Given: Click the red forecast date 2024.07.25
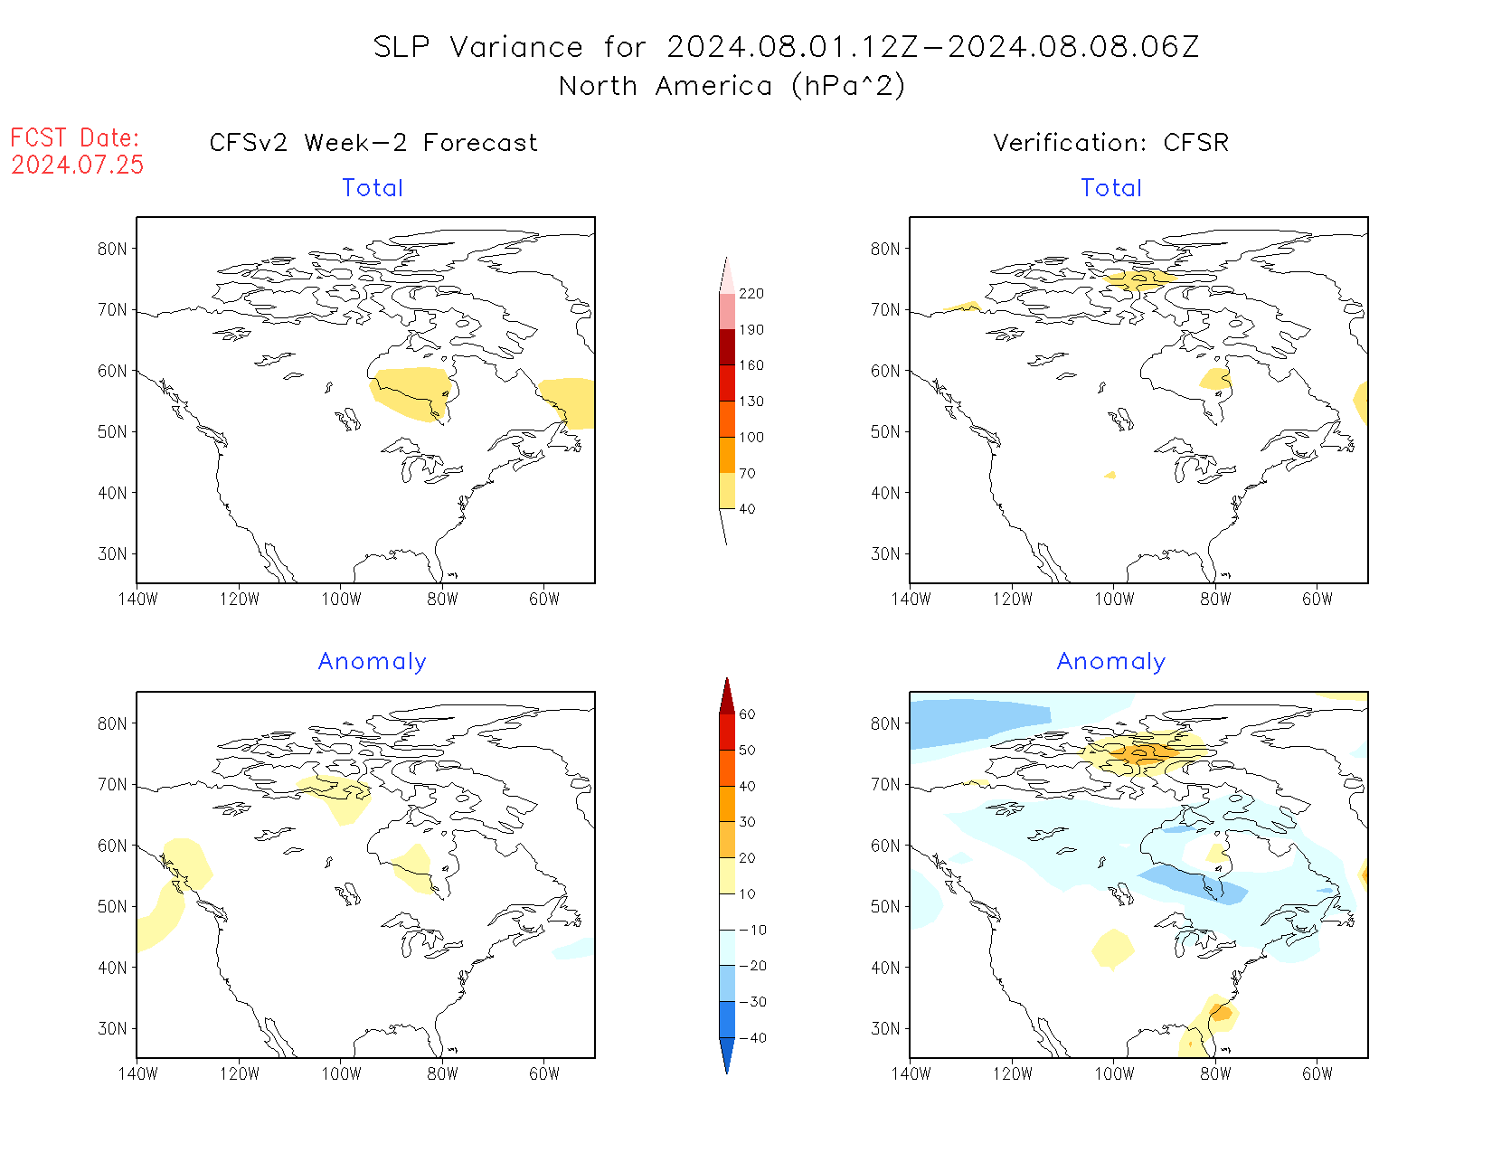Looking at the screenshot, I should click(78, 165).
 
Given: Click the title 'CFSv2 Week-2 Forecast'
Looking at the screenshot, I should click(373, 143).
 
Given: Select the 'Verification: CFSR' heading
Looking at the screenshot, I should click(1110, 143).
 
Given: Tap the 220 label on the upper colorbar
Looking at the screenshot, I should click(751, 294).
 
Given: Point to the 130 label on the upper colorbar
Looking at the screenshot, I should click(751, 402).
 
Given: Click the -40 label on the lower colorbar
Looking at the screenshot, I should click(751, 1038).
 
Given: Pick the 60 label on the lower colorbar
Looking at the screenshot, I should click(747, 714).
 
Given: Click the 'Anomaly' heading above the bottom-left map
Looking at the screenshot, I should click(372, 661).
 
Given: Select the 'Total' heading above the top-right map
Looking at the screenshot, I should click(1111, 188).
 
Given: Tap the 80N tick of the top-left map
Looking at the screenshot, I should click(112, 249).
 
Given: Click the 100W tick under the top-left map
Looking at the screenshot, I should click(341, 599).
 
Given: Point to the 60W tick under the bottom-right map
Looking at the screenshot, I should click(1317, 1073).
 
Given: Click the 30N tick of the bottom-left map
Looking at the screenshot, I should click(112, 1028).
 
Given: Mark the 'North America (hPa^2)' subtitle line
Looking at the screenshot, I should click(732, 86).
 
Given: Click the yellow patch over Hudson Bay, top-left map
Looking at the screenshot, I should click(411, 393).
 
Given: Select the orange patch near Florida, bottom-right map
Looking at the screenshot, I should click(1221, 1013).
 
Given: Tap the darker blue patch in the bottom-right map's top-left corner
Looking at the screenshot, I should click(977, 722).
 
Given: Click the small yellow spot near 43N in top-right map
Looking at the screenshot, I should click(1110, 475).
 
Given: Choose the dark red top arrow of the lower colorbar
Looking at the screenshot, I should click(727, 696).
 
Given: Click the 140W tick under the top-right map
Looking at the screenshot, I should click(911, 599).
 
